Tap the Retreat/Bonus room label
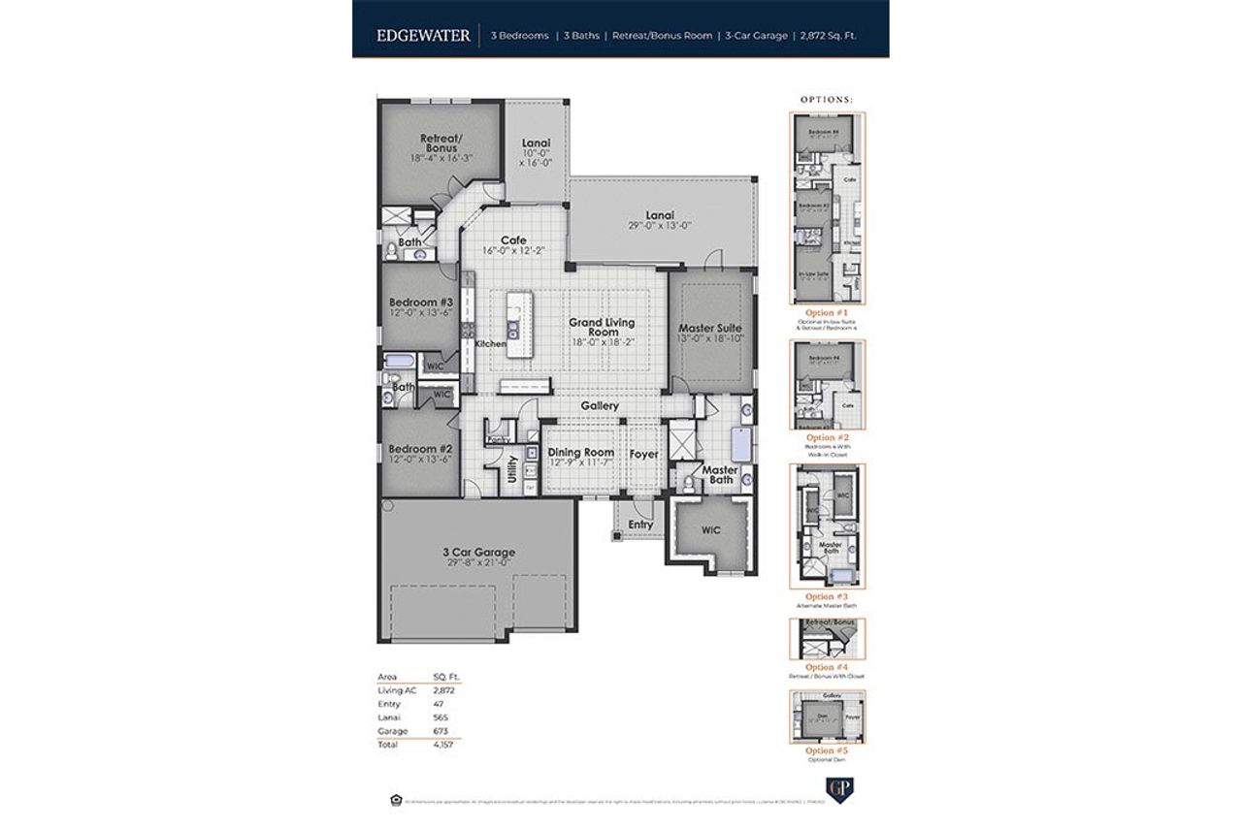click(x=439, y=143)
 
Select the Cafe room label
click(x=513, y=240)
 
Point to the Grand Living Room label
click(x=602, y=327)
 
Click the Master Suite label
click(x=710, y=328)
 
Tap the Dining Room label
click(x=581, y=453)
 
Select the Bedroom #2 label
click(x=421, y=449)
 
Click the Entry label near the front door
click(x=640, y=525)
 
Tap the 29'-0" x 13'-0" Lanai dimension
click(x=660, y=225)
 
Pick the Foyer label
click(x=643, y=453)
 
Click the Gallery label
click(x=600, y=406)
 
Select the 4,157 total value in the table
click(x=443, y=745)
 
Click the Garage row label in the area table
click(x=392, y=731)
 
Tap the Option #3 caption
click(x=827, y=596)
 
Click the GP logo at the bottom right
click(x=833, y=786)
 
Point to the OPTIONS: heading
click(x=827, y=100)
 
